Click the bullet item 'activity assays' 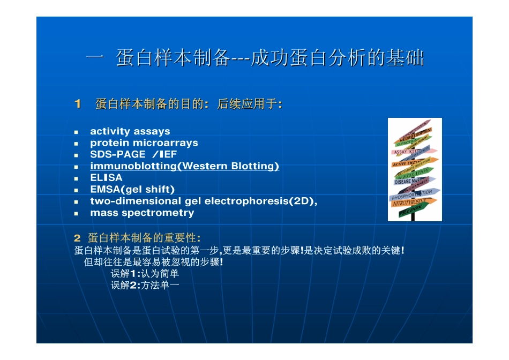130,131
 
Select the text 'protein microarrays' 144,143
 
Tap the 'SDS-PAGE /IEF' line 133,154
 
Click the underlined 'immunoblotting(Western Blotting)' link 184,166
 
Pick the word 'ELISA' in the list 106,177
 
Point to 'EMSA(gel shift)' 132,189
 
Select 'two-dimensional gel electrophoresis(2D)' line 204,201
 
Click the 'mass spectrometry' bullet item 142,213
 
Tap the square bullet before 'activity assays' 77,132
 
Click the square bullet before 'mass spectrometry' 77,213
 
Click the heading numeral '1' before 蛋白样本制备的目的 77,104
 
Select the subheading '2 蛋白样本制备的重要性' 138,237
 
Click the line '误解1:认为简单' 145,274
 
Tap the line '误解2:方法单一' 145,286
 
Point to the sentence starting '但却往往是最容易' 154,262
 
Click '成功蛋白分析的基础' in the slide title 338,58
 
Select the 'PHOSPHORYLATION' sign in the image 411,194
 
